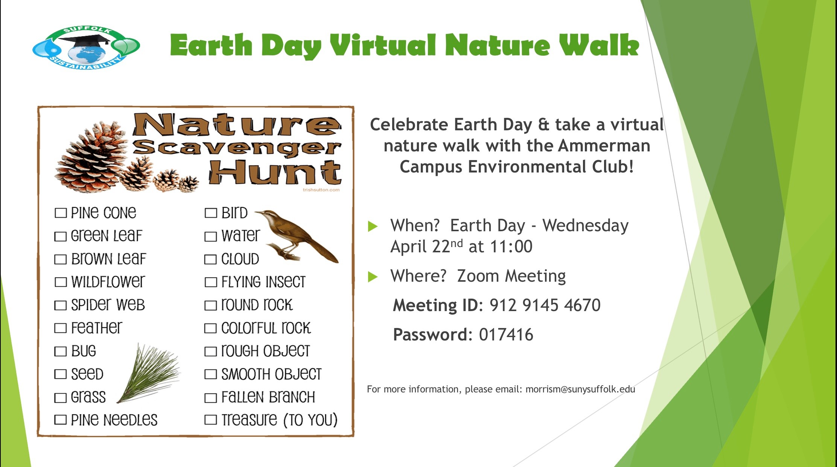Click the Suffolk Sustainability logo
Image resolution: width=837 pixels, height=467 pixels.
86,48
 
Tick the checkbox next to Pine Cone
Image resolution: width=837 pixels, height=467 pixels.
61,213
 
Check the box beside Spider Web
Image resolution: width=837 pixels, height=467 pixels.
60,305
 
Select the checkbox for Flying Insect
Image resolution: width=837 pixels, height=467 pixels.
210,282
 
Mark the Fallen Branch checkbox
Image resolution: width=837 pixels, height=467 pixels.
210,398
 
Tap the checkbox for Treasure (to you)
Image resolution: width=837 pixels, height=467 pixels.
210,420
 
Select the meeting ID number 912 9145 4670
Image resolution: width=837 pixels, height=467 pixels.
545,305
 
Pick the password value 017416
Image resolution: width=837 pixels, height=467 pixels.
506,335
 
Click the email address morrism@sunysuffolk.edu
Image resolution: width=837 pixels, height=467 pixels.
580,389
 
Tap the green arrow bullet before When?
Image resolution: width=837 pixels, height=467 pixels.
373,226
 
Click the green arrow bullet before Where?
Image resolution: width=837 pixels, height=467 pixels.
373,277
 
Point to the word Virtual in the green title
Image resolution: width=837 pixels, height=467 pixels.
383,45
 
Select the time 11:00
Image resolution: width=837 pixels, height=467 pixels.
511,247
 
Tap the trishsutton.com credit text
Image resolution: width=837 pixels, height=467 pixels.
321,190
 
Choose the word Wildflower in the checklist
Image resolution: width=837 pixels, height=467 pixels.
108,282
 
